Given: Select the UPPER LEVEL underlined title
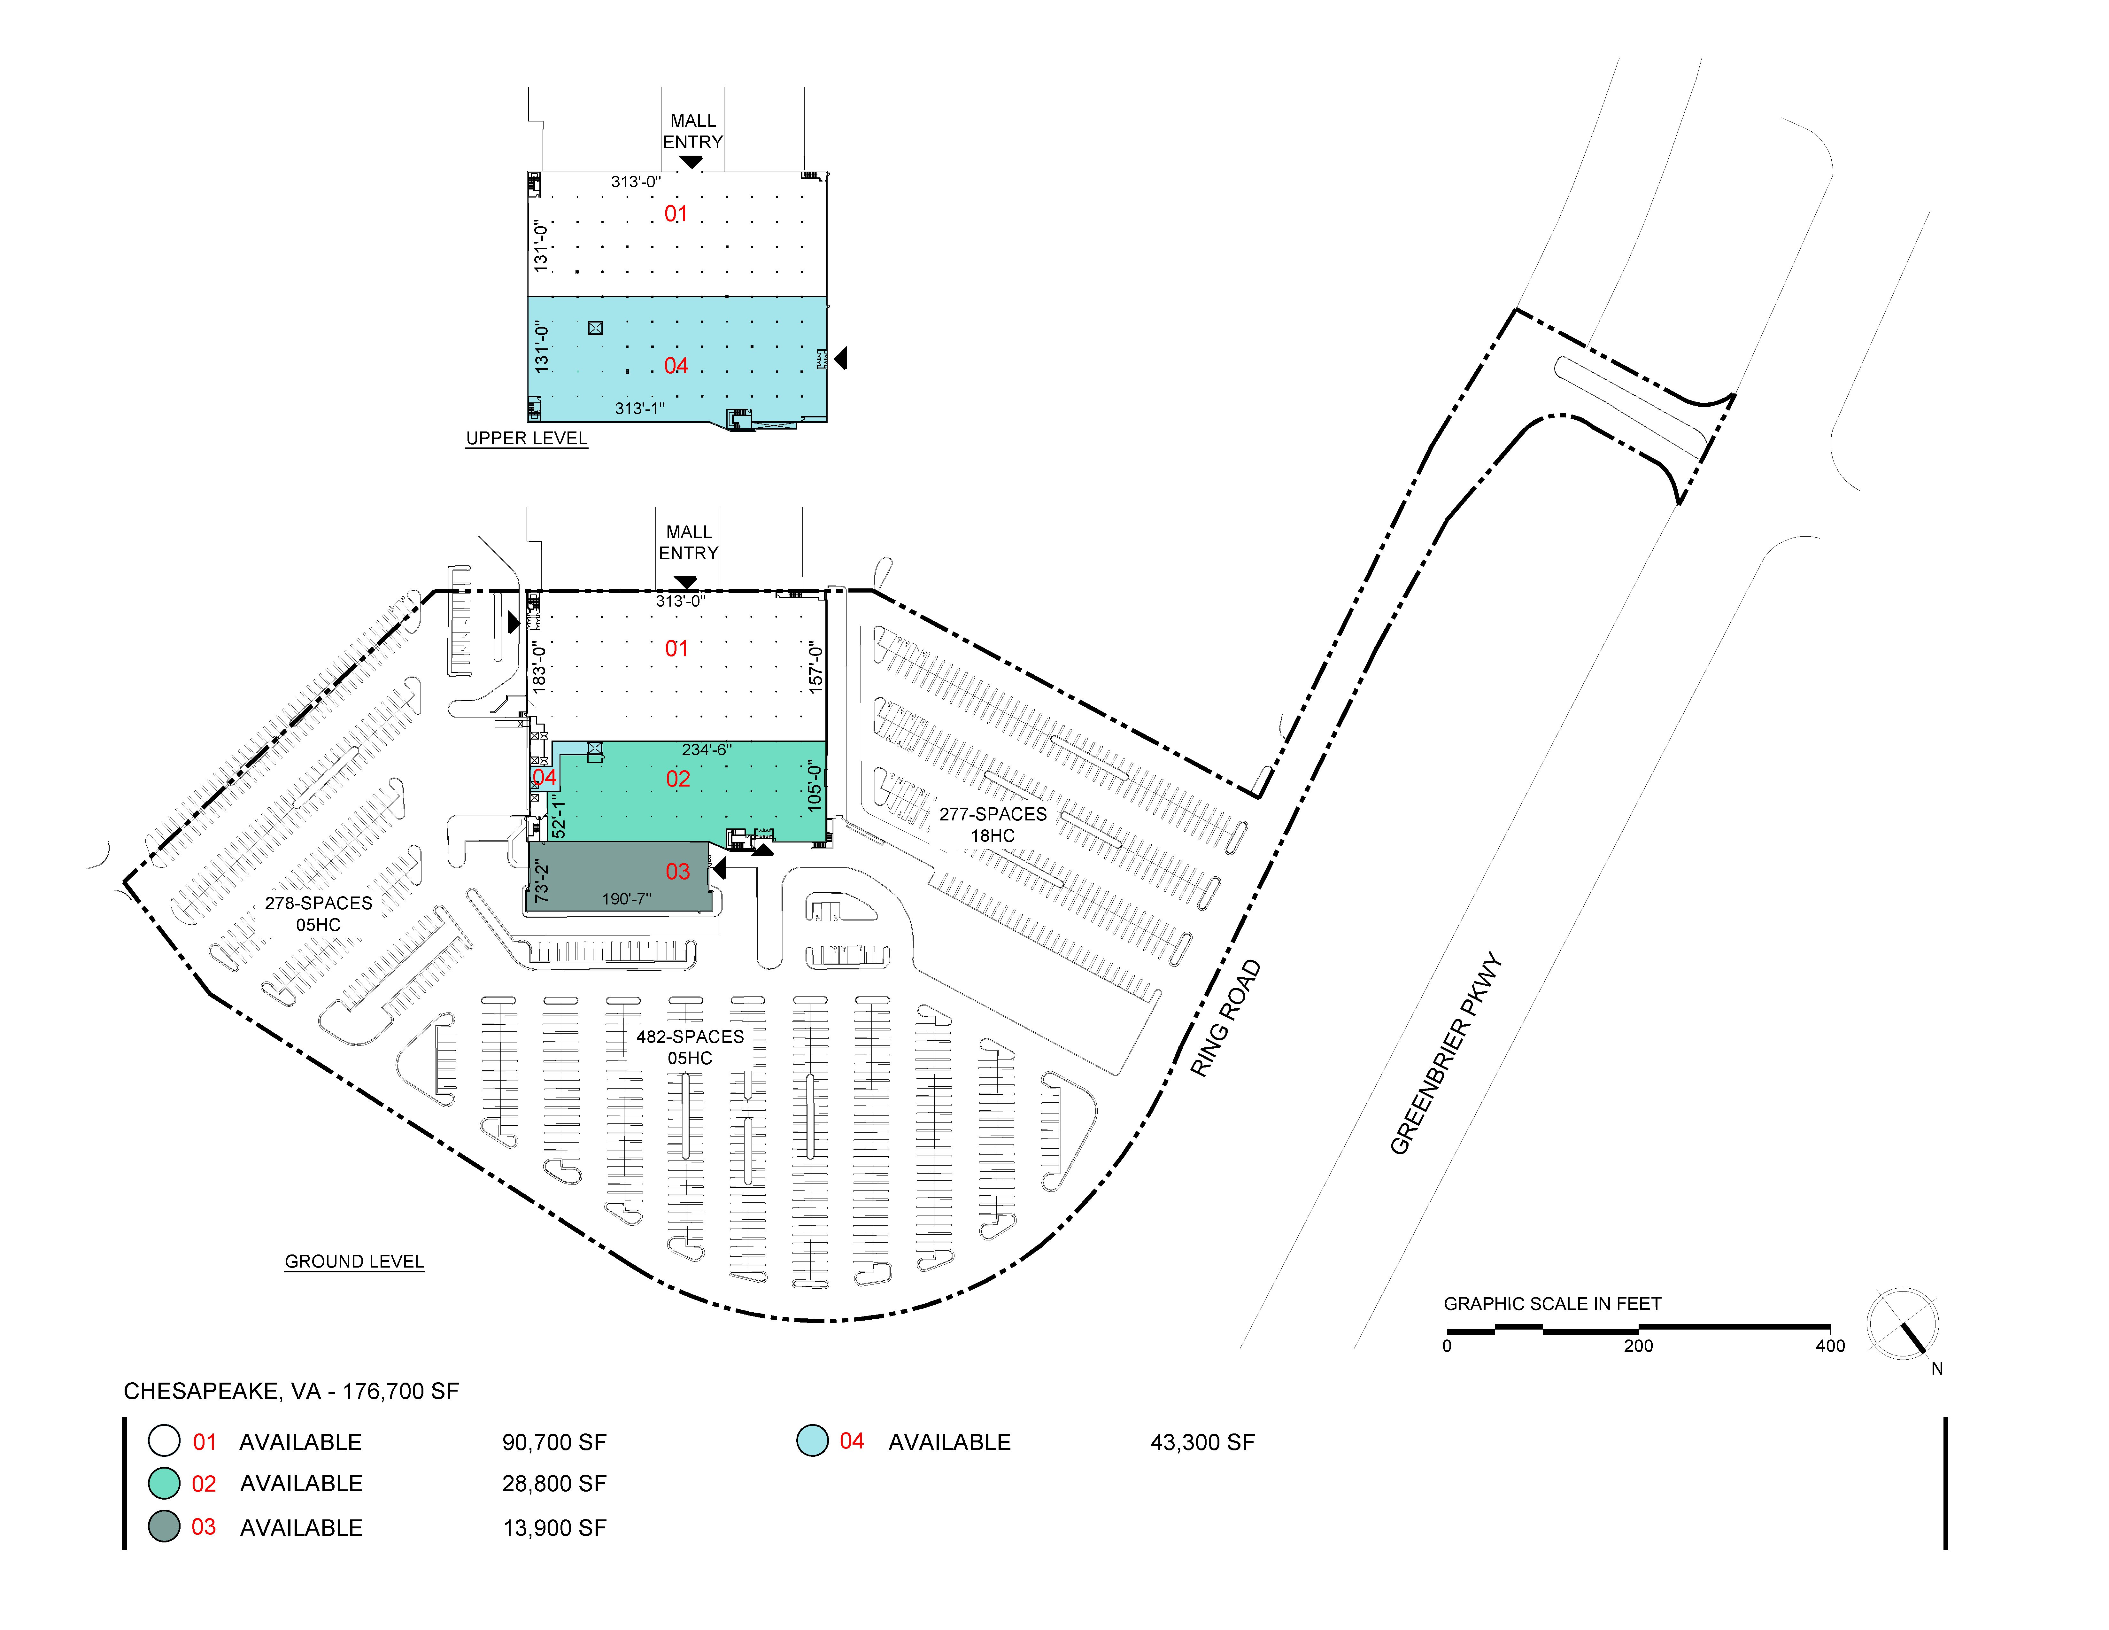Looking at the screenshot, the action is [526, 439].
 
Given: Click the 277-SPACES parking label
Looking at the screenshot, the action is [993, 814].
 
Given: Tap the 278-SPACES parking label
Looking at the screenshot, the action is [319, 903].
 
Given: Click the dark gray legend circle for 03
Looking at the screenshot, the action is [164, 1527].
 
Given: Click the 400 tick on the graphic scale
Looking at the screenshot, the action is [1830, 1346].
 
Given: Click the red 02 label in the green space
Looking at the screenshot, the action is [678, 779].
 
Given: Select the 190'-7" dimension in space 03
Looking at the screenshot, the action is [627, 899].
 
